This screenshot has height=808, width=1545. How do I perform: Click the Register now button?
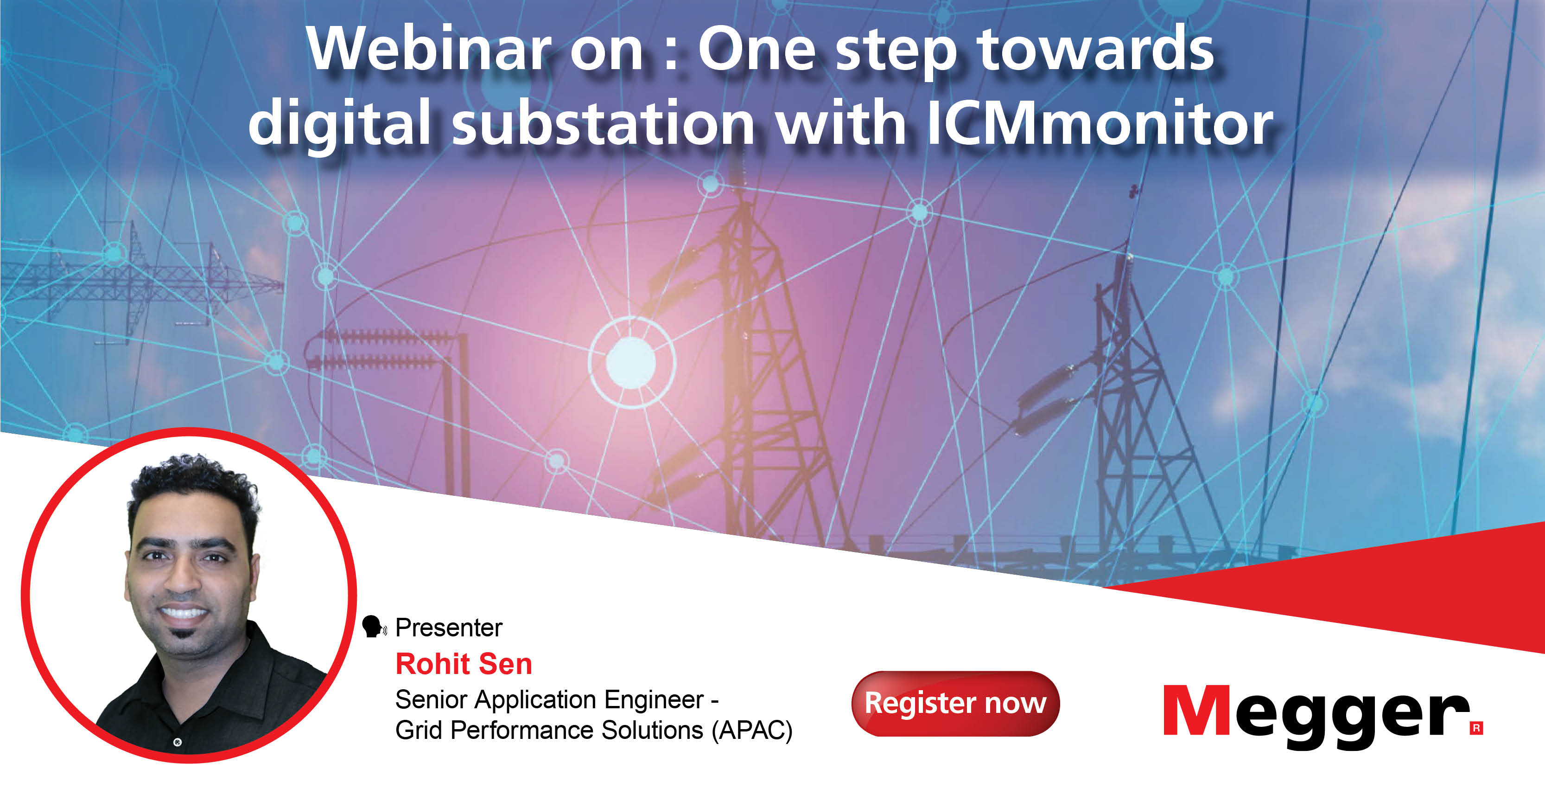pos(955,704)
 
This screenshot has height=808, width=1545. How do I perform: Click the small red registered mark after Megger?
pos(1476,728)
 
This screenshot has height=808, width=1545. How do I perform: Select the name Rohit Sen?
pos(464,664)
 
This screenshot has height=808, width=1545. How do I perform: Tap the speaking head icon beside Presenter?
pos(373,627)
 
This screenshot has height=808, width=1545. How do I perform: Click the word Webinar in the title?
pos(428,49)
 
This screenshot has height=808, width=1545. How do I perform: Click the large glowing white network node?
pos(630,362)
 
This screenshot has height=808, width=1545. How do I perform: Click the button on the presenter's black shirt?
pos(177,743)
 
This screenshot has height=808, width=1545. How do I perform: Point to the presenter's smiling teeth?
pos(183,614)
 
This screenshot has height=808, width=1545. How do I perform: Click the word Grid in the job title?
pos(418,731)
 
